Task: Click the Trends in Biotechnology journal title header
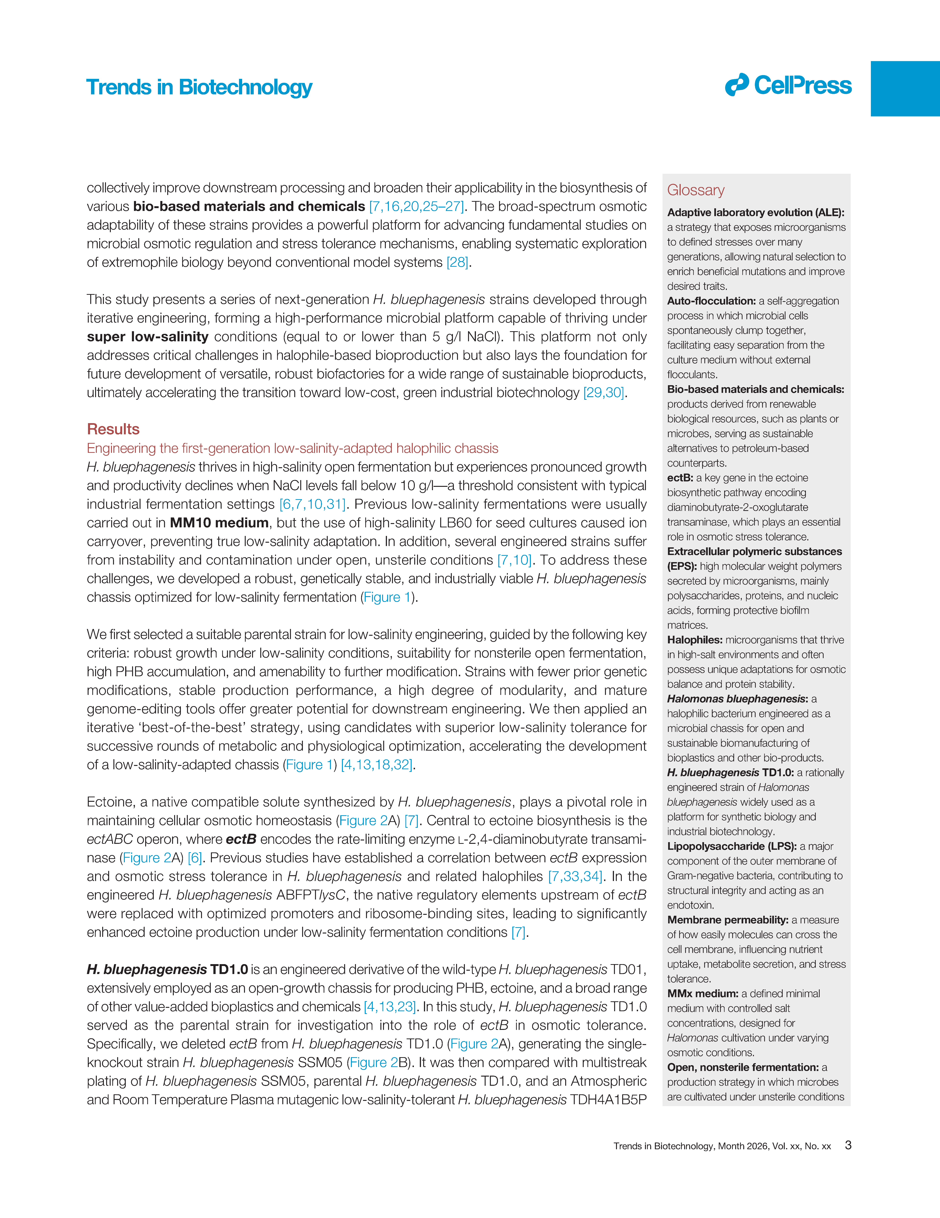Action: tap(199, 88)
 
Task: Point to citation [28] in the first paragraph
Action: tap(457, 263)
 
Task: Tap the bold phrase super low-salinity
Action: tap(147, 337)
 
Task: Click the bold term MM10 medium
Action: tap(219, 523)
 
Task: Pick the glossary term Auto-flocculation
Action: tap(711, 301)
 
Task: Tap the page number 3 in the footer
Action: tap(848, 1146)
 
